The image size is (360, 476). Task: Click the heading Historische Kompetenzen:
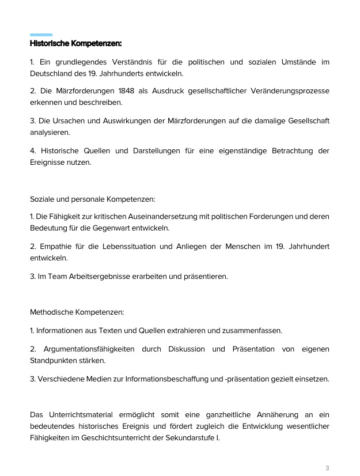75,43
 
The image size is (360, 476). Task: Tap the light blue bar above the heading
41,35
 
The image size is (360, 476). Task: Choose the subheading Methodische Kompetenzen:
77,312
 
